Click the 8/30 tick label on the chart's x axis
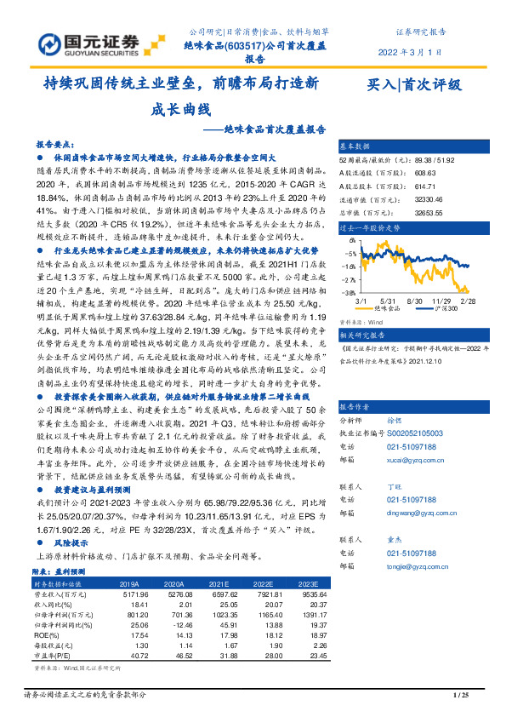point(417,301)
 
